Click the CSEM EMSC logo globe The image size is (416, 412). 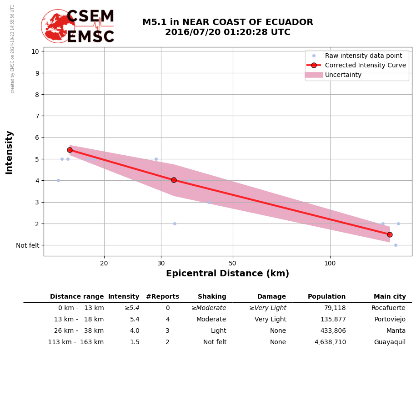58,26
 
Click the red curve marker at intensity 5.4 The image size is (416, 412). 70,150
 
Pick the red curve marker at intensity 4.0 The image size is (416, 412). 174,180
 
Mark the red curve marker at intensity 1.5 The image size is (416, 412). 390,234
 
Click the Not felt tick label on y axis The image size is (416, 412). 28,245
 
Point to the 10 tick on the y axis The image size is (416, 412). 35,51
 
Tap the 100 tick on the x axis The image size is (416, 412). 330,263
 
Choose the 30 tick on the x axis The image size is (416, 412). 161,263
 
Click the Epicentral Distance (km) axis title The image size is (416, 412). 227,274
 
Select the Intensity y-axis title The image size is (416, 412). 9,152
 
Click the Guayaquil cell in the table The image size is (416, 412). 390,342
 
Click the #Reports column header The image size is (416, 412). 162,297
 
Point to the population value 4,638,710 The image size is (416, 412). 330,342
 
